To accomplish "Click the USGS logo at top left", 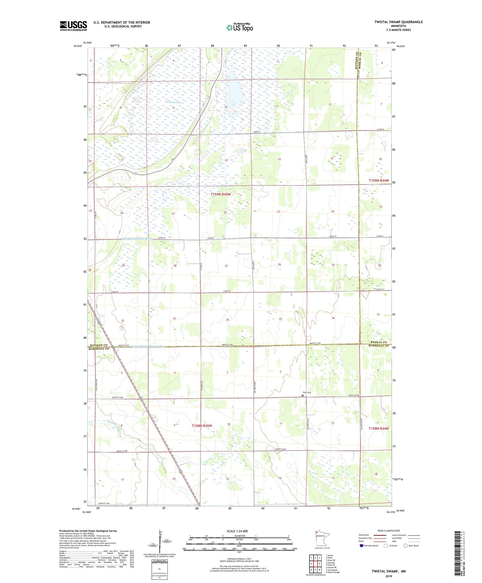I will point(73,26).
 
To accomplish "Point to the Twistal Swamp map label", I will point(173,102).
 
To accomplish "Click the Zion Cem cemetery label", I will point(307,392).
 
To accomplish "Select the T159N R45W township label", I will point(221,195).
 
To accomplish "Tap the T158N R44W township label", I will point(379,429).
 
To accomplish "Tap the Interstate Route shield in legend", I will point(362,546).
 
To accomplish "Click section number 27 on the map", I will point(226,266).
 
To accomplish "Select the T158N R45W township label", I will point(202,426).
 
